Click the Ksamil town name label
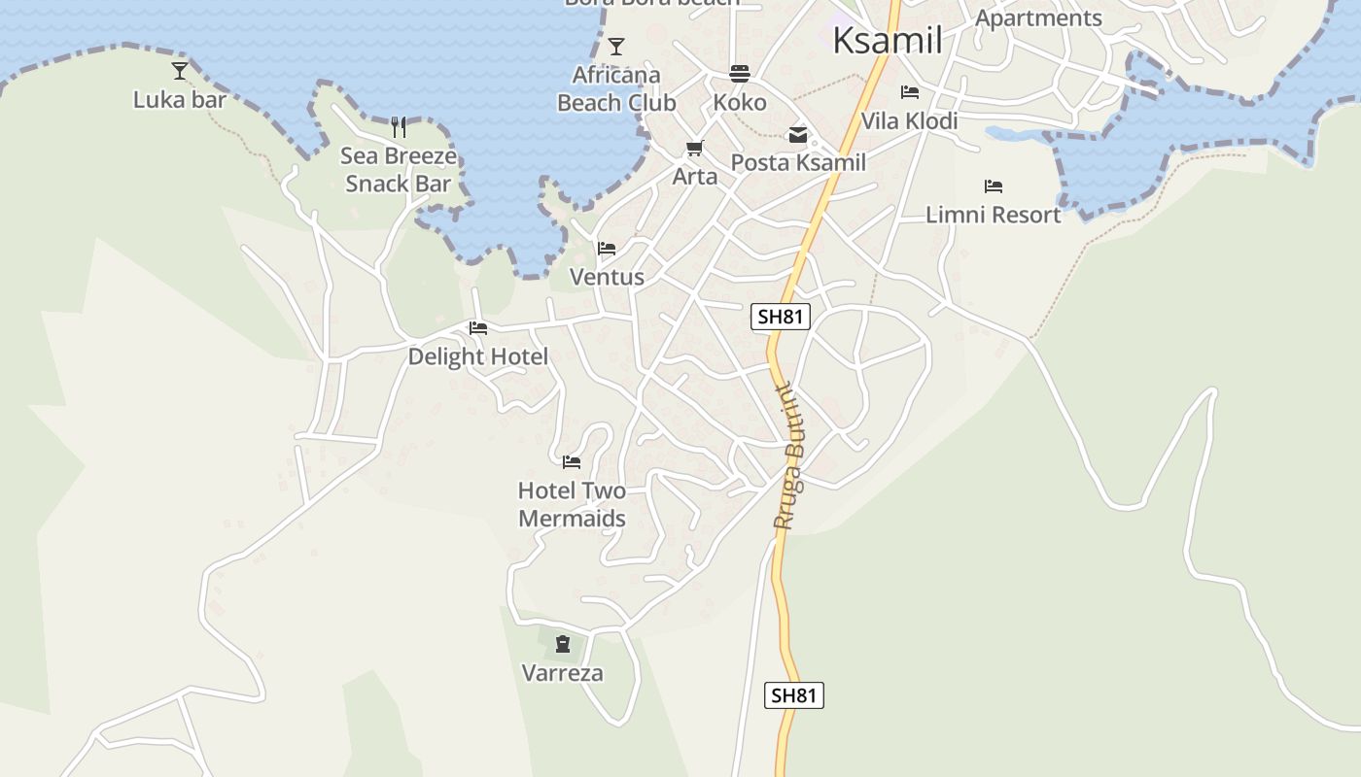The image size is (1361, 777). (x=888, y=41)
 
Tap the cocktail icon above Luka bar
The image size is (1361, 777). (x=180, y=70)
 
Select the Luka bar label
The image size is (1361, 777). (x=180, y=100)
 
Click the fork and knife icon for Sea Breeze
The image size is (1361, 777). (x=399, y=127)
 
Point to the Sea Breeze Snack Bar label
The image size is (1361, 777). (x=399, y=170)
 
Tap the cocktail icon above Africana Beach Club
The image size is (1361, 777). (x=616, y=46)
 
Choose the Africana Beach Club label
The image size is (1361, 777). (x=616, y=88)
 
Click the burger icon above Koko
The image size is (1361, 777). (x=740, y=74)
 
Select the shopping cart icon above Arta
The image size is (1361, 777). (x=694, y=149)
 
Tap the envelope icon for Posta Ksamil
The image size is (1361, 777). (x=798, y=135)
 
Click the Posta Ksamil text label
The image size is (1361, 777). (x=798, y=162)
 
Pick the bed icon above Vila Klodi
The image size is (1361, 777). (x=910, y=92)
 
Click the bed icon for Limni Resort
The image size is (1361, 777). (x=993, y=186)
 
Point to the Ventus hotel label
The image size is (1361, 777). (x=607, y=278)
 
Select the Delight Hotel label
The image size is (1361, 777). (x=478, y=356)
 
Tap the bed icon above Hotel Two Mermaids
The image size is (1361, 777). (x=572, y=461)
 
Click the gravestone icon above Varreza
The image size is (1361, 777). (x=563, y=643)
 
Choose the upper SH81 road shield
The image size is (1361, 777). (x=781, y=317)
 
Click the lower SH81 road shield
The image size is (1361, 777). (x=794, y=695)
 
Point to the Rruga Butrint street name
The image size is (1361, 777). (x=786, y=456)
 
